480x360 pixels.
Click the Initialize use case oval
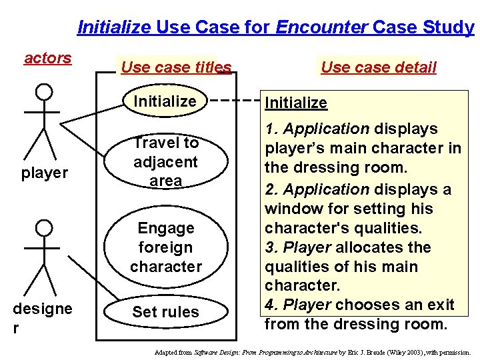point(165,101)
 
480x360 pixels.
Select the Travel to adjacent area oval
point(166,161)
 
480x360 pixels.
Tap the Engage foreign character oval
point(166,247)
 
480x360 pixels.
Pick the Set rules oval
point(165,311)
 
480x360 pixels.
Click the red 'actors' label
point(47,58)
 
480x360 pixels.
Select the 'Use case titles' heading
point(176,67)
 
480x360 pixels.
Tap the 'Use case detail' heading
point(378,67)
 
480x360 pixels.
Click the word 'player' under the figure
point(44,173)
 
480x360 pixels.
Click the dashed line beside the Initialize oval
point(237,101)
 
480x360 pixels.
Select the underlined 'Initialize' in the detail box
point(296,103)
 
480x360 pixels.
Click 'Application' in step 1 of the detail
point(326,129)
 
